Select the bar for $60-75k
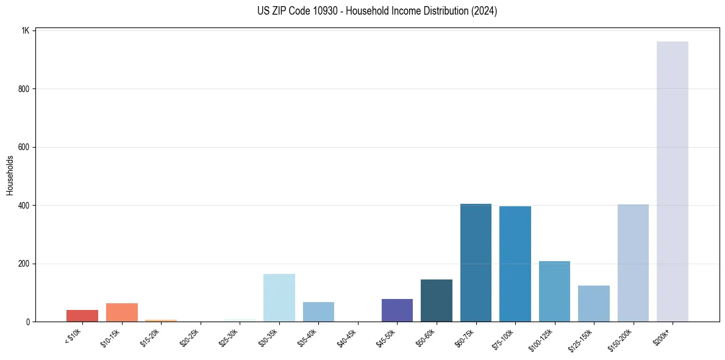476,262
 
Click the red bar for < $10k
82,315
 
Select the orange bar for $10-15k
121,312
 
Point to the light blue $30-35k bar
279,298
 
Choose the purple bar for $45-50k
397,310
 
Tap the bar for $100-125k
554,291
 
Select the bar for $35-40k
318,311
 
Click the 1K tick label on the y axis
26,31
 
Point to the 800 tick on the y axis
24,89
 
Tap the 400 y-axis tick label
24,206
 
